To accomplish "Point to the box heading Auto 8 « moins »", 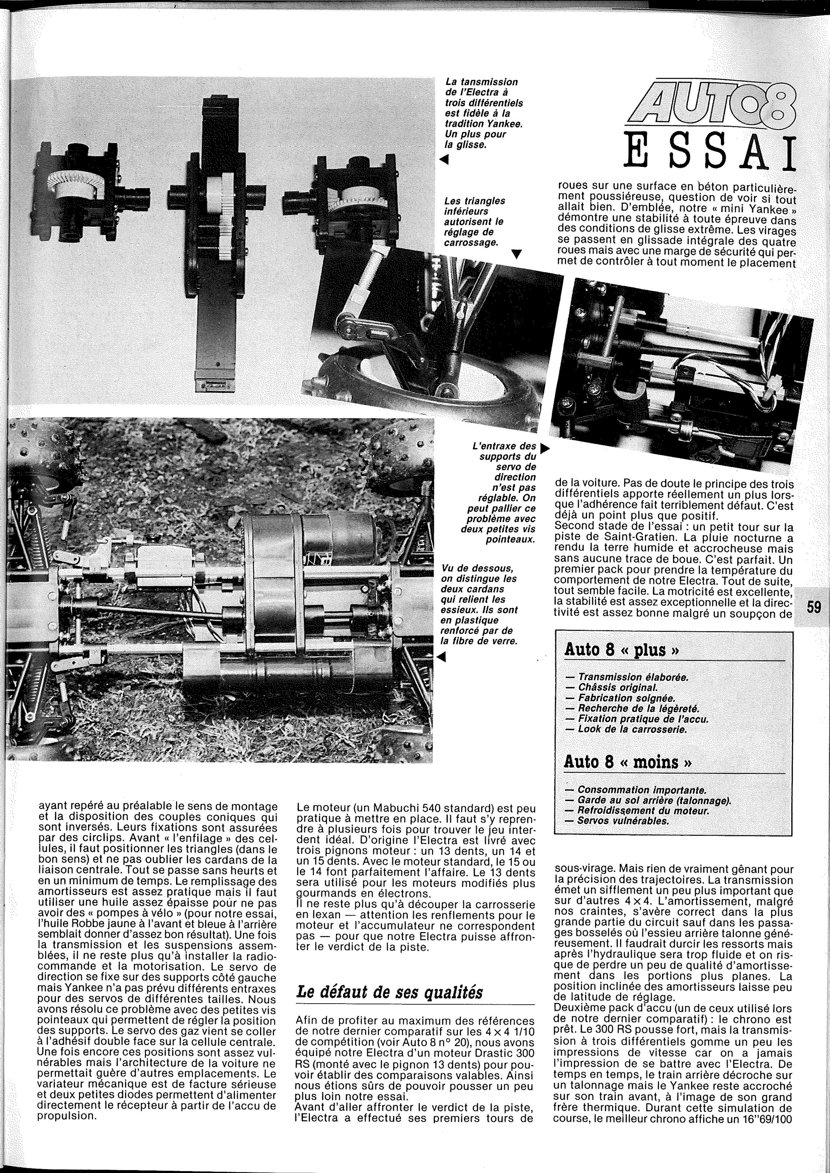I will click(x=628, y=762).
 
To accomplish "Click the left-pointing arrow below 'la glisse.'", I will click(x=444, y=160).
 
